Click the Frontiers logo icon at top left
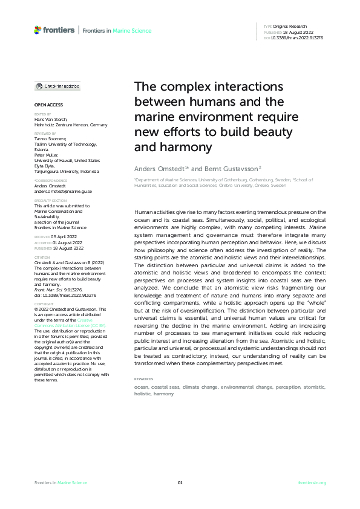[x=38, y=30]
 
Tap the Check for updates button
[x=57, y=86]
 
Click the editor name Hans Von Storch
[x=51, y=120]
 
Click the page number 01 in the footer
[x=180, y=482]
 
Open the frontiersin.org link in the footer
[x=312, y=482]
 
